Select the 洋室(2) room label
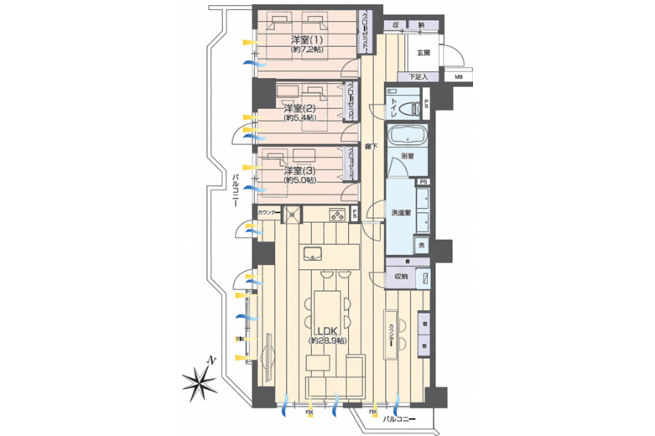coord(298,108)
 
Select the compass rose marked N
coord(201,381)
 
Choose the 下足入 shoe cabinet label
coord(418,78)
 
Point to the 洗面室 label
coord(400,213)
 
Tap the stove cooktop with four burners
coord(338,215)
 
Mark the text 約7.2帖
coord(307,50)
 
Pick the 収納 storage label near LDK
coord(400,276)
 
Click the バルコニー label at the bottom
coord(398,417)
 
